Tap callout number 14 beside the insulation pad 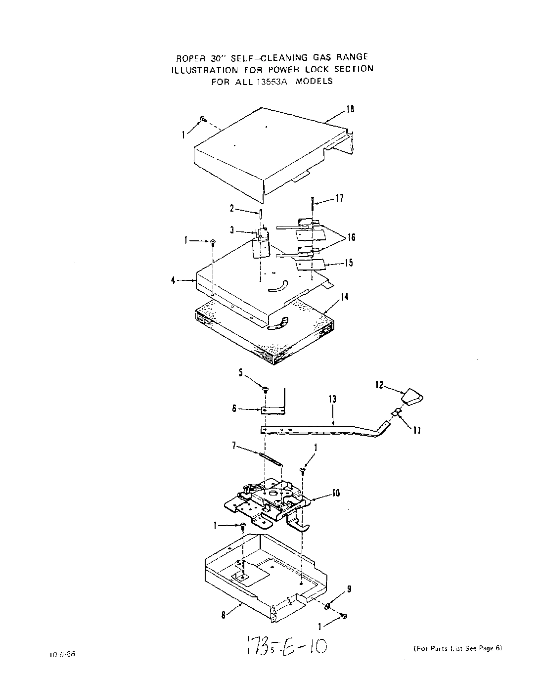coord(344,297)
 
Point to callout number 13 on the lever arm coord(332,399)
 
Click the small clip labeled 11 coord(397,412)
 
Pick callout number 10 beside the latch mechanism coord(336,493)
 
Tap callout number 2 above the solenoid coord(231,208)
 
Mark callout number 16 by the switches coord(351,237)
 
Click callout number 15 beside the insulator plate coord(349,263)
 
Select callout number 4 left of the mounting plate coord(173,280)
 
